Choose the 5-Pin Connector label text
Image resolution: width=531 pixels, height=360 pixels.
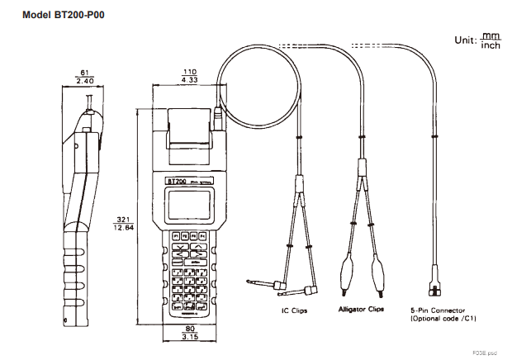pyautogui.click(x=437, y=310)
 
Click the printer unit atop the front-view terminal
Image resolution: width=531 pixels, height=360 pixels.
pyautogui.click(x=189, y=136)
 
